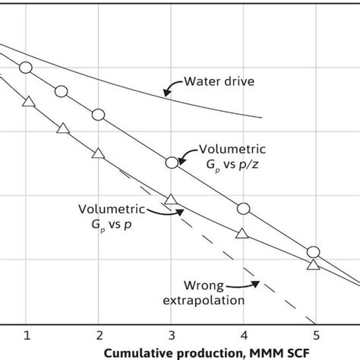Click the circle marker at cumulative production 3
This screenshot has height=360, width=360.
click(172, 162)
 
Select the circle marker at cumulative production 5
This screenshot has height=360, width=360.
click(314, 252)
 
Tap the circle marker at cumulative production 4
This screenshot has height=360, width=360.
click(243, 209)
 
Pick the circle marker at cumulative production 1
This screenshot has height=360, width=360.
click(26, 68)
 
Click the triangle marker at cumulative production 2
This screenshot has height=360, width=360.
click(97, 153)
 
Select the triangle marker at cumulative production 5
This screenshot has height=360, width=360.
click(313, 264)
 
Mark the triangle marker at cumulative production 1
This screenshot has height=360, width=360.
click(27, 102)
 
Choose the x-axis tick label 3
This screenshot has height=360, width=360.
click(171, 335)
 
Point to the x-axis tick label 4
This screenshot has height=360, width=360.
click(243, 335)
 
